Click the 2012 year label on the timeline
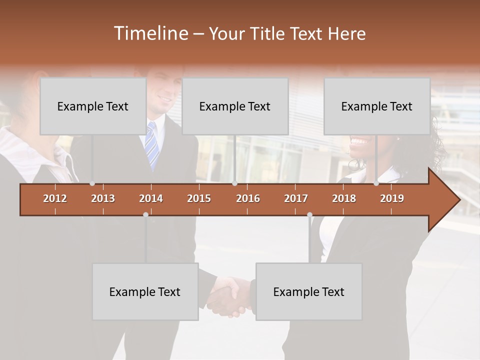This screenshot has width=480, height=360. [x=55, y=198]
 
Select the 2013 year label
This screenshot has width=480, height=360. [x=103, y=198]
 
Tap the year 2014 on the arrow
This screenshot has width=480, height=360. [x=151, y=198]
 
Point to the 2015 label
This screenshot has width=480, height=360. [x=199, y=198]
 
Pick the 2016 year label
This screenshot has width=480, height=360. [x=248, y=198]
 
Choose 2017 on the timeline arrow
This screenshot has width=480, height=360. [x=296, y=198]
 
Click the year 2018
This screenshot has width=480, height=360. [x=344, y=198]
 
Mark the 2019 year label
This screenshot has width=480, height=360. [x=392, y=198]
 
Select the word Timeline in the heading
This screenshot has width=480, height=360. [x=150, y=33]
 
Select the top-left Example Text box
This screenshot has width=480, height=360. [x=93, y=106]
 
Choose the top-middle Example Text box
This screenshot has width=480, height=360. [x=235, y=106]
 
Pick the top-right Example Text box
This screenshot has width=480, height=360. [x=377, y=106]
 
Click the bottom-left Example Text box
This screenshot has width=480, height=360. [x=145, y=292]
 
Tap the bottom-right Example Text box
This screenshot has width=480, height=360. [x=309, y=292]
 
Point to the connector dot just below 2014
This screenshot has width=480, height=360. [x=145, y=214]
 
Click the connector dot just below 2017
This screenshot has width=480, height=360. [x=309, y=214]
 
